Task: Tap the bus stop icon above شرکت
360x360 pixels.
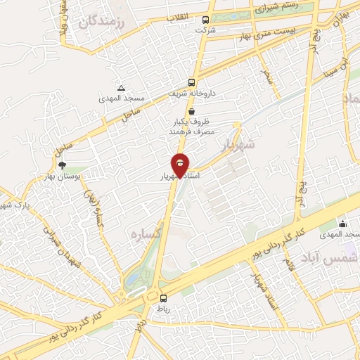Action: (x=205, y=20)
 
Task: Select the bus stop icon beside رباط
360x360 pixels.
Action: (x=163, y=298)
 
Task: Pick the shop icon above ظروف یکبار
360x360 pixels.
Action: (x=191, y=112)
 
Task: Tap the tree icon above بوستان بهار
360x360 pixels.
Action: (x=63, y=165)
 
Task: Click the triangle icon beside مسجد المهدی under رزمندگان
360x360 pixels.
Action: (x=122, y=89)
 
